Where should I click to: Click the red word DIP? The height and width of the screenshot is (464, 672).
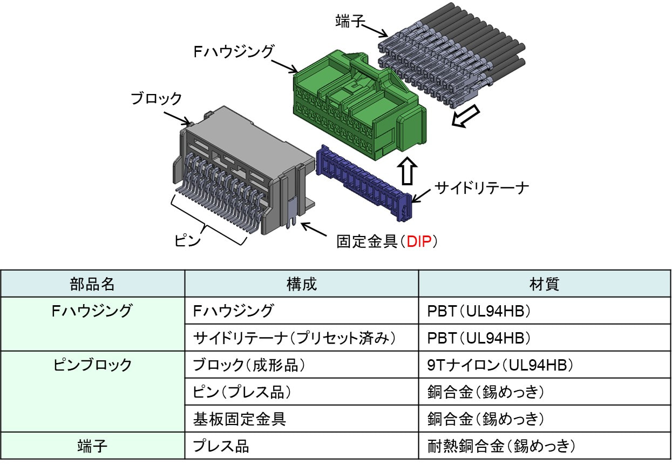tap(419, 241)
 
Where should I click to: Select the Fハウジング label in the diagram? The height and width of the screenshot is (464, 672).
tap(233, 51)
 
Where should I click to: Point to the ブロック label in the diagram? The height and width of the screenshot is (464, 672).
tap(156, 98)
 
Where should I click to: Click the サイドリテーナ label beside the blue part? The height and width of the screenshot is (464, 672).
tap(481, 188)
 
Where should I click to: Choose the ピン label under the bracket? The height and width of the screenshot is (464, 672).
tap(187, 240)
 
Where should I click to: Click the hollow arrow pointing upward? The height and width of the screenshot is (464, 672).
tap(407, 171)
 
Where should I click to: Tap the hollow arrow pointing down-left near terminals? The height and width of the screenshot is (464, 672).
tap(466, 116)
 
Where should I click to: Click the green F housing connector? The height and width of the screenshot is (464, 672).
tap(359, 105)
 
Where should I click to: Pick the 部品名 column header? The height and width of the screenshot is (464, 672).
tap(92, 284)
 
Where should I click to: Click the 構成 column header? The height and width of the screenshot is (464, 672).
tap(302, 284)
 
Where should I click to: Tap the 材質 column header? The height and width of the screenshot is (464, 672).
tap(544, 284)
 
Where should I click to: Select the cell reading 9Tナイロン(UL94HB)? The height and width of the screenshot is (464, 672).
tap(500, 365)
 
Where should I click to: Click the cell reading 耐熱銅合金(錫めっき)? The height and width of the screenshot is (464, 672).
tap(501, 446)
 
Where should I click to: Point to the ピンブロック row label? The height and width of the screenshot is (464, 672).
tap(92, 365)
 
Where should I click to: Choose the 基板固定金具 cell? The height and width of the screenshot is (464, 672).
tap(240, 419)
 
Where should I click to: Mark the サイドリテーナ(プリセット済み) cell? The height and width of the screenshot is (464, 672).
tap(294, 338)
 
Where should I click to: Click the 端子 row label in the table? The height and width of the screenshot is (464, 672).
tap(92, 446)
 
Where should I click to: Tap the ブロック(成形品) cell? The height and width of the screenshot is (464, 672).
tap(249, 365)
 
